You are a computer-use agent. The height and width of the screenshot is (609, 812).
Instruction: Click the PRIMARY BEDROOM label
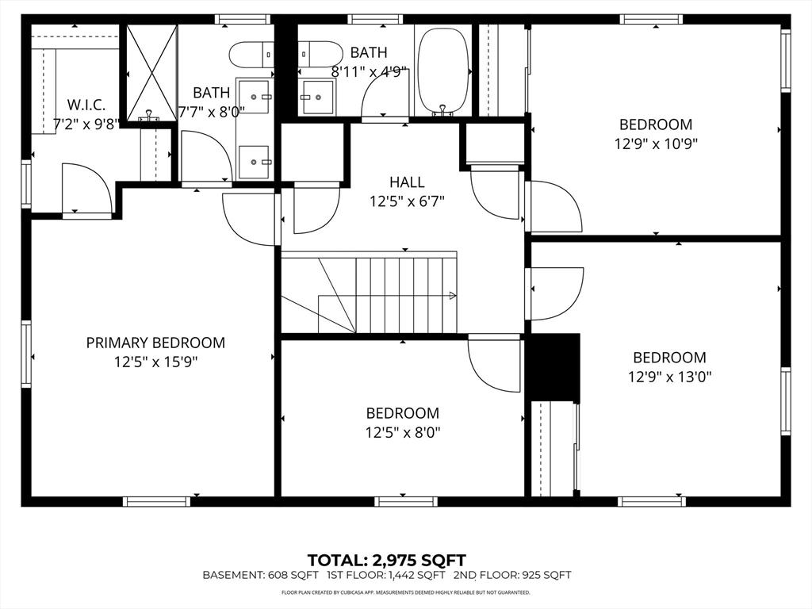(155, 343)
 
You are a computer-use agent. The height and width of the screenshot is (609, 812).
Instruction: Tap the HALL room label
(407, 182)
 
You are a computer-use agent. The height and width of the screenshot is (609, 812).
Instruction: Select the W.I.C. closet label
(86, 105)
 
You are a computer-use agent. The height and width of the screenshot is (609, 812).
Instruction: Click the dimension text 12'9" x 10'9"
(655, 144)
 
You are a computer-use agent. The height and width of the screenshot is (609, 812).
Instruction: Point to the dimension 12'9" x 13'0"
(669, 377)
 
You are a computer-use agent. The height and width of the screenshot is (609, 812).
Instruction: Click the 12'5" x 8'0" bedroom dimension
(402, 432)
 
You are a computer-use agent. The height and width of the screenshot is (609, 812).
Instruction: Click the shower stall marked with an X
(151, 72)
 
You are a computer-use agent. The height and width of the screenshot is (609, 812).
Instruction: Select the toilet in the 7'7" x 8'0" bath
(251, 55)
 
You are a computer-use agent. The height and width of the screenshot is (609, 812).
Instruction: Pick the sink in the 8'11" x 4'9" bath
(317, 97)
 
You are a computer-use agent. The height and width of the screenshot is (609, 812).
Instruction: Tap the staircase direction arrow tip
(454, 296)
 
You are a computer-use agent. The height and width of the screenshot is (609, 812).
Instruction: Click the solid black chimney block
(553, 367)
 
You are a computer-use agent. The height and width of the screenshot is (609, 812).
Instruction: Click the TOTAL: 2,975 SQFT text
(386, 560)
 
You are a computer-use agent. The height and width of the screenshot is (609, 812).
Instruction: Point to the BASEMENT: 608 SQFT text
(260, 575)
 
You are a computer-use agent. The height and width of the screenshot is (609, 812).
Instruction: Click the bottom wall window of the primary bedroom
(156, 501)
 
